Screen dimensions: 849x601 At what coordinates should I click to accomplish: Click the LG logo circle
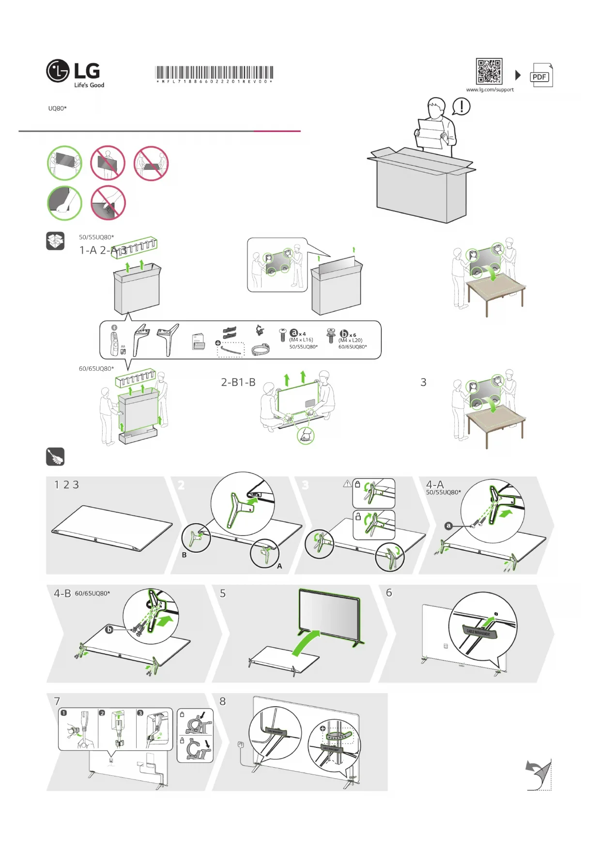click(x=58, y=71)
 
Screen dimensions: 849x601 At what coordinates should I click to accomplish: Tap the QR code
click(x=489, y=72)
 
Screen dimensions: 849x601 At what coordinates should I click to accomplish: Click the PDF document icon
click(x=541, y=76)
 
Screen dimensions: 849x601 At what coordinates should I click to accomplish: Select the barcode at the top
click(x=214, y=73)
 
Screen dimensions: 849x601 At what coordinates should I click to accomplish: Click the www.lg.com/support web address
click(x=490, y=90)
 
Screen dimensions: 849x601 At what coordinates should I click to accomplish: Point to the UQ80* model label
click(x=57, y=108)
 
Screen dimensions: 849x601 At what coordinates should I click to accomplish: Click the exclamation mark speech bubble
click(x=461, y=106)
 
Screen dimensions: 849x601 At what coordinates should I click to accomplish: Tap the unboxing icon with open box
click(x=55, y=241)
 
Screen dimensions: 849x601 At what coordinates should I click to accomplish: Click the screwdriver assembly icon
click(x=55, y=456)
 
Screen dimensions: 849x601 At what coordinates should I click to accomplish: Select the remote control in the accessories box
click(x=115, y=342)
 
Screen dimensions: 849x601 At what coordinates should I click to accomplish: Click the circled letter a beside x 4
click(x=293, y=333)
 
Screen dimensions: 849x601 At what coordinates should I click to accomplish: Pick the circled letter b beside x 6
click(x=344, y=334)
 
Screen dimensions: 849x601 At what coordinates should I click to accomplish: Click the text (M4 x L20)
click(x=350, y=340)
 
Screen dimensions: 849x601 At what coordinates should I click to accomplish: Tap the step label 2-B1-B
click(x=238, y=382)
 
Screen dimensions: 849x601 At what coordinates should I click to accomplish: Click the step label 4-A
click(x=434, y=485)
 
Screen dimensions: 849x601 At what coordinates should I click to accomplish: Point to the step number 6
click(x=389, y=593)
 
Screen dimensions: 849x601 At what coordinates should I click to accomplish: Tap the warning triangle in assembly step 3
click(x=347, y=484)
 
